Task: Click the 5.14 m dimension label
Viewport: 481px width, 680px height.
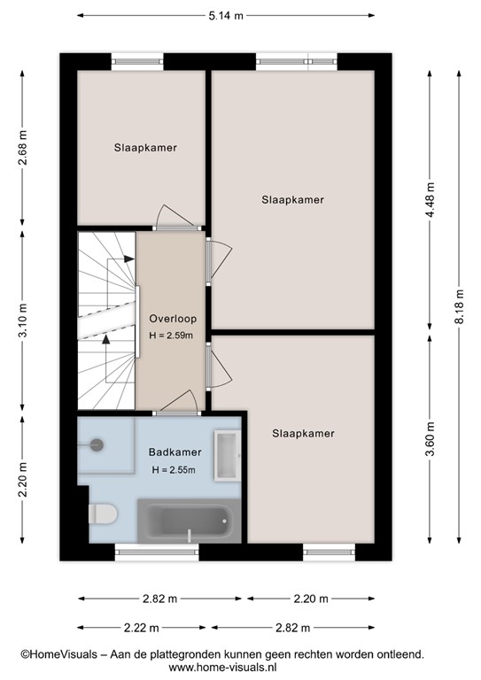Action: point(226,16)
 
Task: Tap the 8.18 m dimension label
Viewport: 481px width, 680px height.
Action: point(460,306)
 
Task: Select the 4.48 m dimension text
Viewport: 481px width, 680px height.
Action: point(430,200)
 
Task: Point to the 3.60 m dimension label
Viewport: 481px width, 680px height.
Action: point(430,439)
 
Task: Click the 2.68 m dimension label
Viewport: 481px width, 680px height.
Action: point(22,148)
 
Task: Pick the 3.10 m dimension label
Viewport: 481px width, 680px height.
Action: point(22,320)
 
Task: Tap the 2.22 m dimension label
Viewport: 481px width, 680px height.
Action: point(142,628)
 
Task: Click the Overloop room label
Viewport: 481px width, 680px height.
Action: point(173,319)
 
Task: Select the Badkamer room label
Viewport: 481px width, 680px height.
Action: point(175,452)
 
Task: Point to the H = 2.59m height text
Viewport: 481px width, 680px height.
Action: point(171,336)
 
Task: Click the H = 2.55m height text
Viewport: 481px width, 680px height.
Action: point(174,469)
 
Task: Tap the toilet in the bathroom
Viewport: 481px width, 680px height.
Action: point(103,514)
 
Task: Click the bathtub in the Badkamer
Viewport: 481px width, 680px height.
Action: point(189,521)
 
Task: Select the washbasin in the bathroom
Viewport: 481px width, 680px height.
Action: point(228,455)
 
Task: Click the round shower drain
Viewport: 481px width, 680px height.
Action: point(97,444)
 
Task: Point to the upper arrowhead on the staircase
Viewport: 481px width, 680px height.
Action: point(128,259)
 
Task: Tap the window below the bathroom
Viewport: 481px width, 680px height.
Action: point(157,552)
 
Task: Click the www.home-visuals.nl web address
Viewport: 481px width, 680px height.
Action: point(222,667)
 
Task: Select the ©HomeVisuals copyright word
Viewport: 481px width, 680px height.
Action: point(59,654)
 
